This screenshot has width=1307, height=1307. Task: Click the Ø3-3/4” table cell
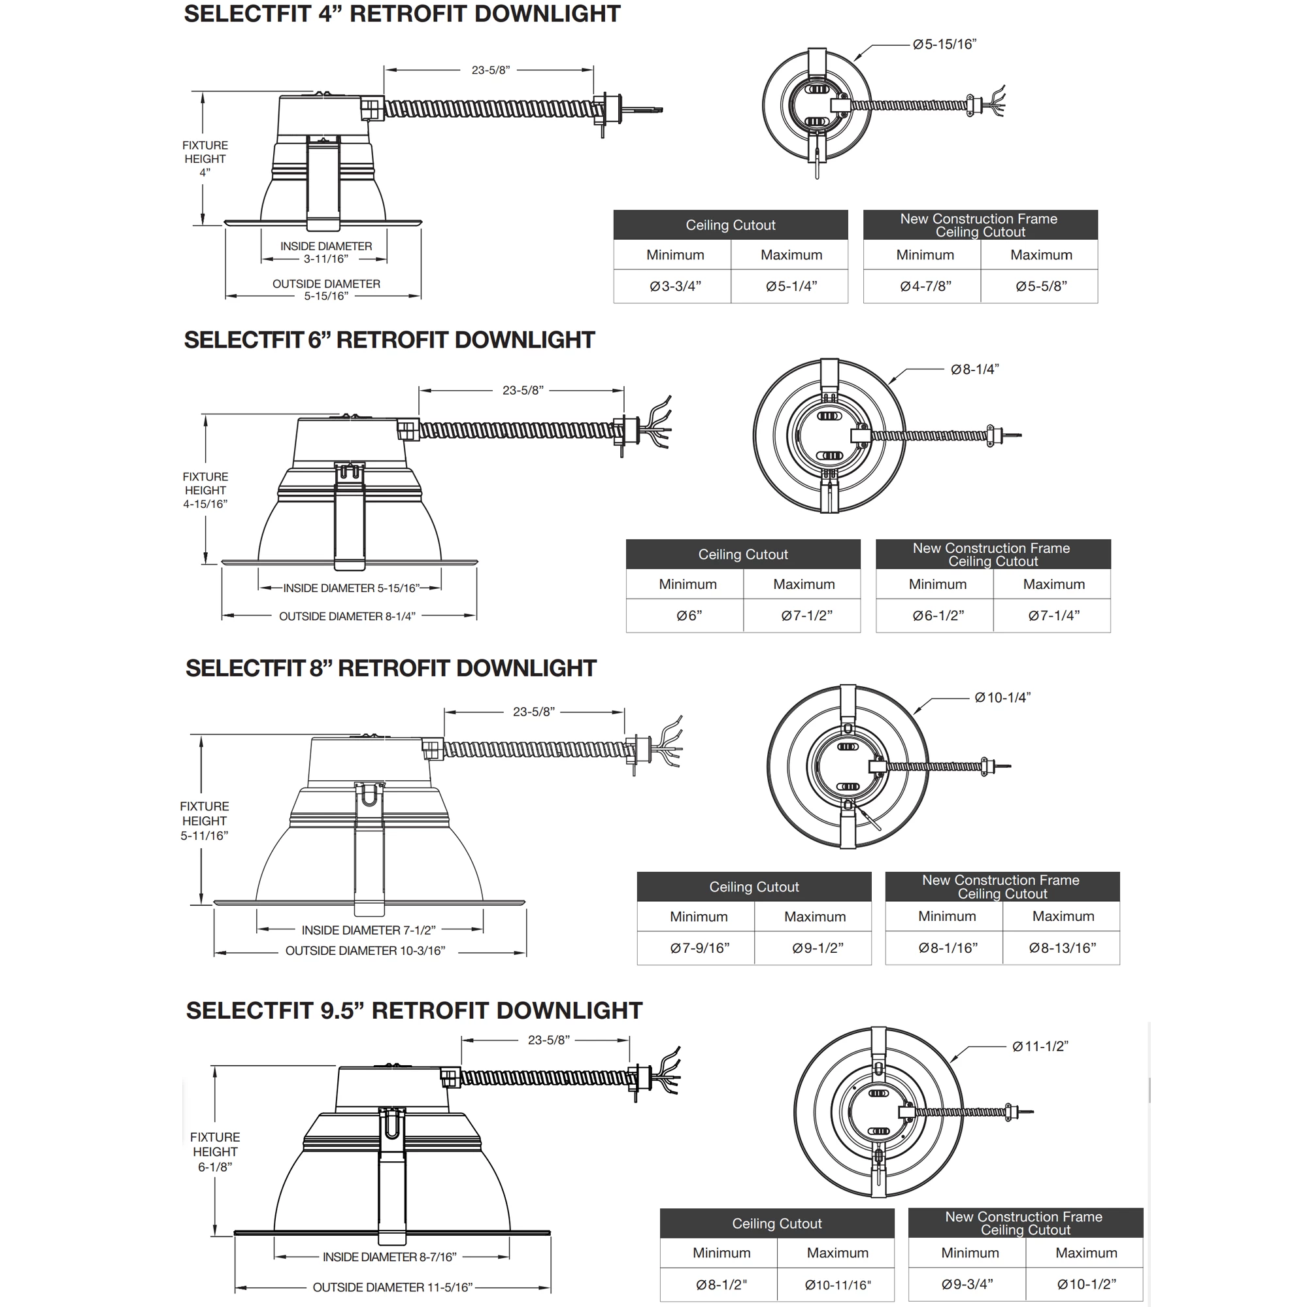click(x=674, y=286)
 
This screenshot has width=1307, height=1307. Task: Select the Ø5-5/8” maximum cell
click(x=1040, y=286)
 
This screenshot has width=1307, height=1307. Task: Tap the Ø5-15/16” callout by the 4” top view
click(x=944, y=44)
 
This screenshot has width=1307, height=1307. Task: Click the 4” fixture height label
click(x=205, y=159)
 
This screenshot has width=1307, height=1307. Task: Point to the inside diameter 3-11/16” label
click(x=325, y=252)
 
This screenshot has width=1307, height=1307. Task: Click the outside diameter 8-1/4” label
click(x=347, y=616)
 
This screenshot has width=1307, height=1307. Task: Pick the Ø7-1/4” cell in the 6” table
click(x=1053, y=616)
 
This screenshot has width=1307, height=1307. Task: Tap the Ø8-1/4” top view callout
click(x=974, y=369)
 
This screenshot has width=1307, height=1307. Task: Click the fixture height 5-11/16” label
click(x=205, y=821)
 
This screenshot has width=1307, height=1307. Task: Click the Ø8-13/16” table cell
click(x=1062, y=948)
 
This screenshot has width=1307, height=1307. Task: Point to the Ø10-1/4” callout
click(x=1002, y=697)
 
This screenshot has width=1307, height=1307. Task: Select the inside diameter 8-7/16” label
click(x=389, y=1257)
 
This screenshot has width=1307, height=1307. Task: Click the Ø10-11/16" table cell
click(x=838, y=1285)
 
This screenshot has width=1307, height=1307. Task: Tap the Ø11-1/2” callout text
click(x=1040, y=1046)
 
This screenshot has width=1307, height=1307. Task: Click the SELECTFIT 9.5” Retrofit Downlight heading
click(x=414, y=1010)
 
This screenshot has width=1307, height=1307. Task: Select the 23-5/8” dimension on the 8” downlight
click(x=533, y=712)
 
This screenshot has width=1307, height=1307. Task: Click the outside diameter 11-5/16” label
click(x=392, y=1287)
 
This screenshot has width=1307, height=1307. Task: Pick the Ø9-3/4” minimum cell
click(x=967, y=1284)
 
